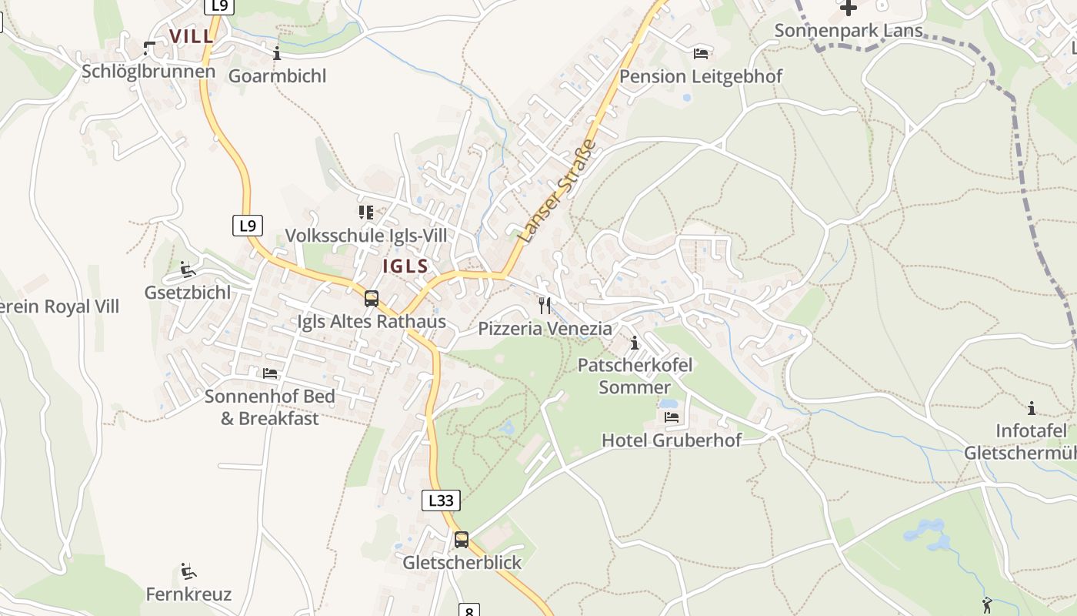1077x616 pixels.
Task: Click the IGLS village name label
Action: [405, 266]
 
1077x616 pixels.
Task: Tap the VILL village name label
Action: [192, 36]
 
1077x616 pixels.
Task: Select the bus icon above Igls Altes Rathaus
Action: [372, 299]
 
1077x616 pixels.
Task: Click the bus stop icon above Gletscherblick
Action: [462, 540]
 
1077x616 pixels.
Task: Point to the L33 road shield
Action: [441, 500]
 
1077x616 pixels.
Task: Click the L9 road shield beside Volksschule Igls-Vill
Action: [247, 226]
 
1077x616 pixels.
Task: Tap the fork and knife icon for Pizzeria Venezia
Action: [545, 306]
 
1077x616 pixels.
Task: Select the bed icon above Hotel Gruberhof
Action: [672, 417]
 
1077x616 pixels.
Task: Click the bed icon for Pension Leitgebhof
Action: [701, 53]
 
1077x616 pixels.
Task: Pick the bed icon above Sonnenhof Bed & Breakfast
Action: [270, 373]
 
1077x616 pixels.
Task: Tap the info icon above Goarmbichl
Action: [277, 53]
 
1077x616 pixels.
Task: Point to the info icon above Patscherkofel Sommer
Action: [635, 343]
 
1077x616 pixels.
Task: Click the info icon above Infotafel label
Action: [1032, 407]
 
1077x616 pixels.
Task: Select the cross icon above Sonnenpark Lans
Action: [849, 8]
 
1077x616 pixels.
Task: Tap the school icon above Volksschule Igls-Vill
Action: [365, 212]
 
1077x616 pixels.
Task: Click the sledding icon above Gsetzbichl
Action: [188, 269]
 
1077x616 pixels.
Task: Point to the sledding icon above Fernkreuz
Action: [188, 571]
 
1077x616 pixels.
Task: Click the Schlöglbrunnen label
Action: [148, 72]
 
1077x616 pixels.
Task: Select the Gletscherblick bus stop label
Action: [462, 563]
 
